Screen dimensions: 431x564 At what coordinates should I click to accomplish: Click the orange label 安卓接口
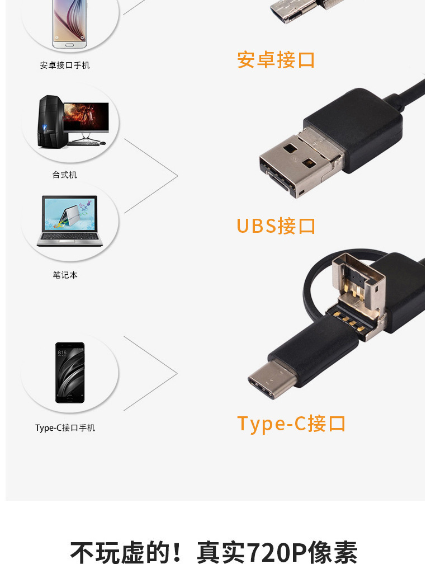click(x=276, y=60)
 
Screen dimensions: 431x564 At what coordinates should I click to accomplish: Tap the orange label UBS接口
click(x=276, y=226)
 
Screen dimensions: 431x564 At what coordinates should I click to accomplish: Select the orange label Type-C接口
click(x=291, y=424)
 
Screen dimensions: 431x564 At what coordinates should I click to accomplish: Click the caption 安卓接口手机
click(x=65, y=65)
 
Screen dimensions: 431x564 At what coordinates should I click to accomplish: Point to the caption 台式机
click(x=65, y=175)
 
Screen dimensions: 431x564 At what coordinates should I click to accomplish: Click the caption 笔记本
click(x=65, y=275)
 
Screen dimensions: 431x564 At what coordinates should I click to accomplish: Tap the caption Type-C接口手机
click(x=65, y=428)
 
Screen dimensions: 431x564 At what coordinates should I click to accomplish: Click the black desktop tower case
click(x=49, y=121)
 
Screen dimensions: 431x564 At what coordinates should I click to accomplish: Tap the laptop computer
click(x=70, y=221)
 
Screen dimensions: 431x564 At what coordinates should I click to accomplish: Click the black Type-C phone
click(x=70, y=372)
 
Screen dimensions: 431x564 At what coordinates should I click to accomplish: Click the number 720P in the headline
click(x=278, y=552)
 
